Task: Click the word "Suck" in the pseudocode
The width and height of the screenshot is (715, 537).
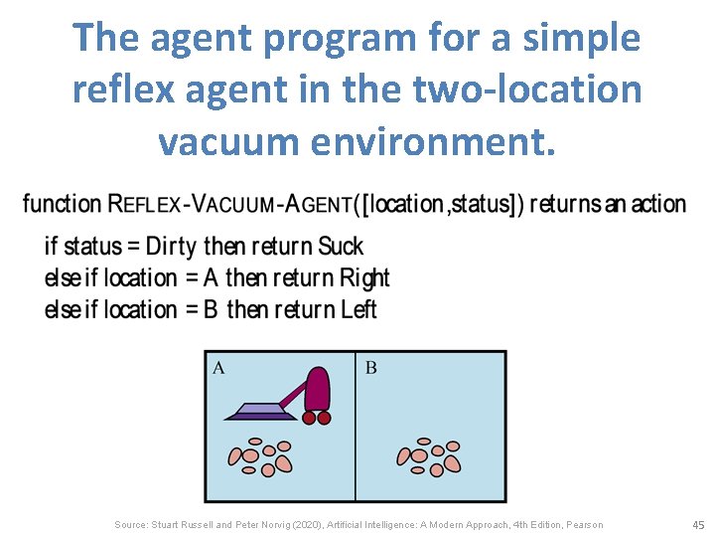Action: (341, 247)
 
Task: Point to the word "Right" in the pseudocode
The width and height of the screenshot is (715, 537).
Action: (364, 277)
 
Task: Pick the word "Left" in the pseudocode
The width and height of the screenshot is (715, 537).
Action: (358, 309)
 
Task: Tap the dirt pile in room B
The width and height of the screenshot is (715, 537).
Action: (429, 454)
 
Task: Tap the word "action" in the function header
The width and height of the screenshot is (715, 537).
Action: (658, 205)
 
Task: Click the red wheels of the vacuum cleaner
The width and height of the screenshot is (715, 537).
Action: (316, 418)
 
